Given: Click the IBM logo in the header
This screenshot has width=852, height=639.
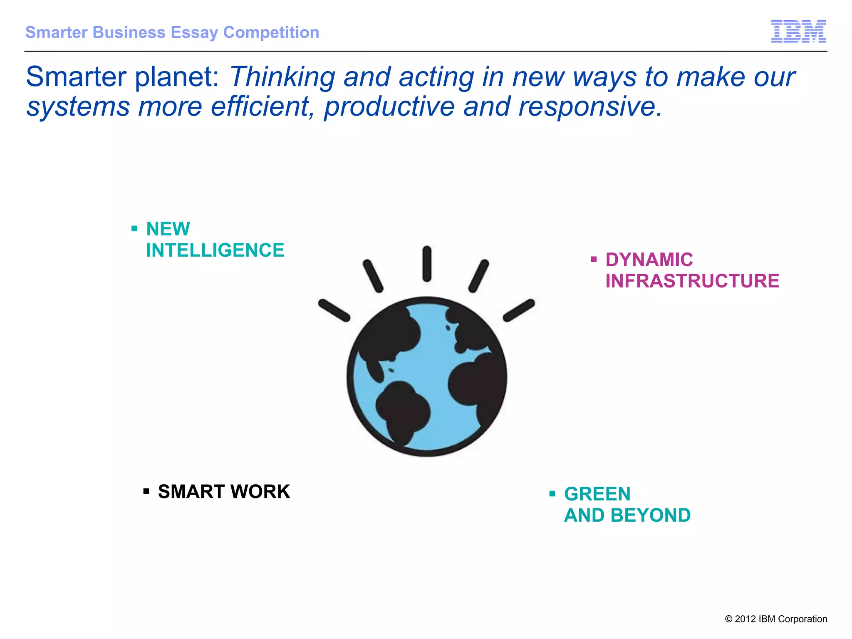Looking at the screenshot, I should coord(798,31).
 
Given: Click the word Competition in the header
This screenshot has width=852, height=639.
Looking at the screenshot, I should coord(271,32).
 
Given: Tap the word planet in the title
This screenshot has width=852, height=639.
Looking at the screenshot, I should coord(176,77).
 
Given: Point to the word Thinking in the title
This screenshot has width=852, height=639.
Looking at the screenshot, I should coord(282,78).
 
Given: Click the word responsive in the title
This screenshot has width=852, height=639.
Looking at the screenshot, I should coord(589,107).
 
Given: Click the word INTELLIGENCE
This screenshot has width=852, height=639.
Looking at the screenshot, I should coord(215,250).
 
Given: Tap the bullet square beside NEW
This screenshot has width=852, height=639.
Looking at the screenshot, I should coord(134,228).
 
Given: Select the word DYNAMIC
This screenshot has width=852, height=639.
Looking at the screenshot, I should coord(649,260).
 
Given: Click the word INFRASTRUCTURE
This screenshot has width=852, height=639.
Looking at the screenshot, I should coord(692,281).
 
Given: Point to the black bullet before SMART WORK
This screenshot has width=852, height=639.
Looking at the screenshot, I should coord(146,491).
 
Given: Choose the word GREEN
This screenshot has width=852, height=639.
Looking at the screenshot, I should coord(597,494).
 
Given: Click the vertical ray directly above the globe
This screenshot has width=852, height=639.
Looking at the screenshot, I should coord(427,264).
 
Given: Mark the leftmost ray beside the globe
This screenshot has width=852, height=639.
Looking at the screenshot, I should coord(334,310).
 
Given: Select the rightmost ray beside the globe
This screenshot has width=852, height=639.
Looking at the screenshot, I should coord(519,310).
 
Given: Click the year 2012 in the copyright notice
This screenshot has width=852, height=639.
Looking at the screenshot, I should coord(745,619).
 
